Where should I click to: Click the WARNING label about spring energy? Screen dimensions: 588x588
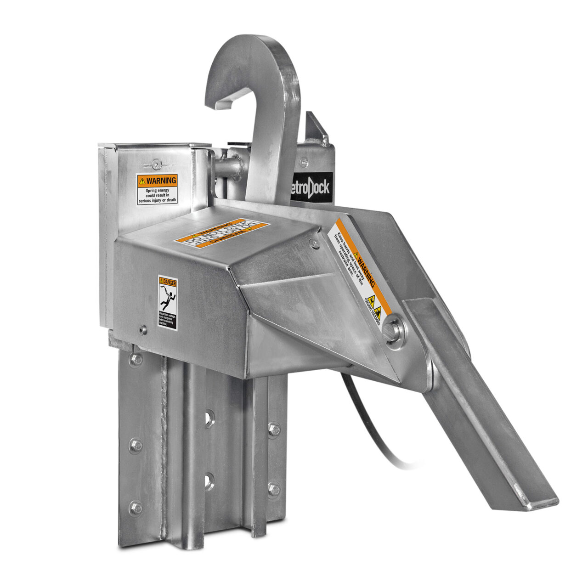point(157,189)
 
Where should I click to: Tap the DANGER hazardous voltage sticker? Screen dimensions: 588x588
point(167,301)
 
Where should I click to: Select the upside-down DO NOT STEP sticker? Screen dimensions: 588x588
point(223,233)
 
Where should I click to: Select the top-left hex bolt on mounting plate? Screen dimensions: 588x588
point(136,359)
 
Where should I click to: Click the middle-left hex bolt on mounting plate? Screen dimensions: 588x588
point(136,445)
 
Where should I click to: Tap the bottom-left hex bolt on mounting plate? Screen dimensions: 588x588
point(136,508)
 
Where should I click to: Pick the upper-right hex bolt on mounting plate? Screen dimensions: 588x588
point(274,430)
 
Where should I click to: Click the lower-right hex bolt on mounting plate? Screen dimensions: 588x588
point(274,489)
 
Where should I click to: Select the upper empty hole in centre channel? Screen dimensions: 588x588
point(209,418)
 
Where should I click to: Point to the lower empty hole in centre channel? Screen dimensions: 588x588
point(209,481)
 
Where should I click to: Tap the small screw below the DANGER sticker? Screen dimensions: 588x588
point(143,329)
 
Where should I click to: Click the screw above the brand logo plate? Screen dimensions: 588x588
point(303,161)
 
